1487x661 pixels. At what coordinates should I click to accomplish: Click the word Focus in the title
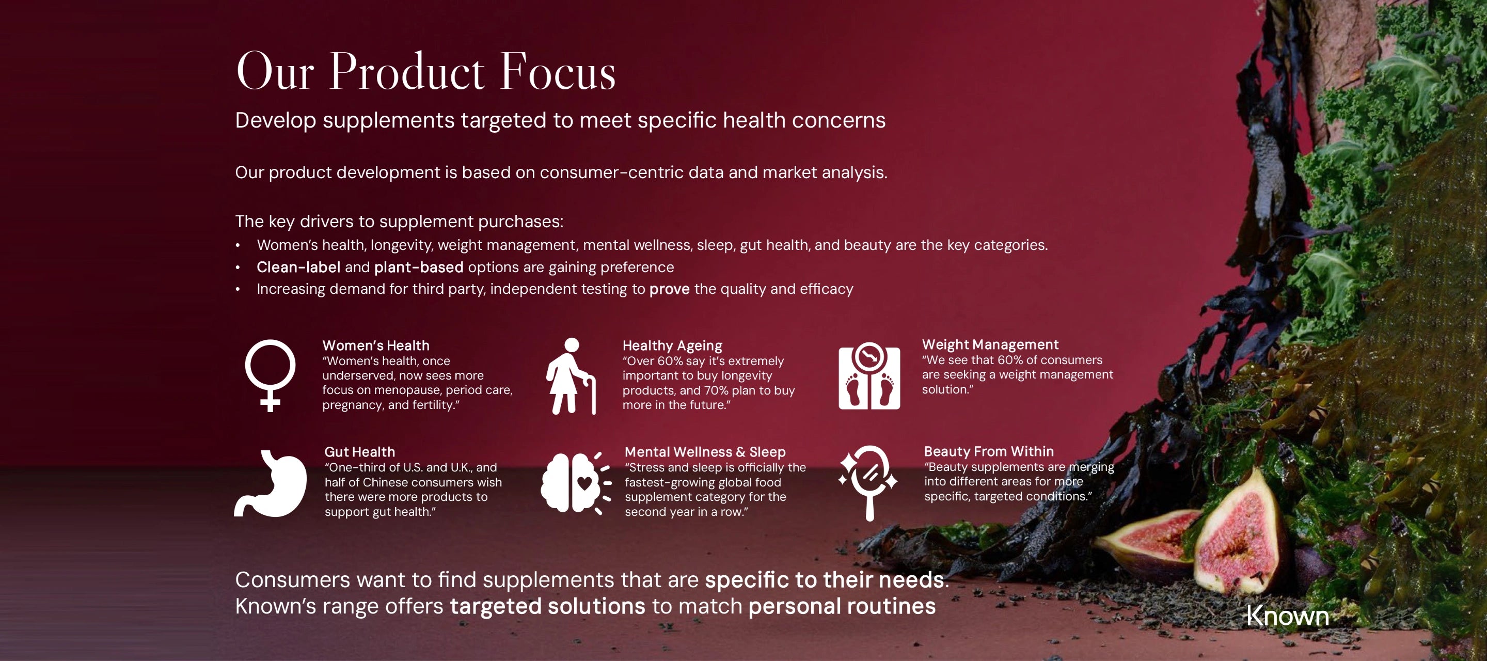tap(558, 72)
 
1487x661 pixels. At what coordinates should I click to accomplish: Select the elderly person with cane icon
tap(571, 376)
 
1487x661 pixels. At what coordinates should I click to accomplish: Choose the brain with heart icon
tap(576, 483)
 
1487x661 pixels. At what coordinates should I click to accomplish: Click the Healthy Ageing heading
tap(672, 345)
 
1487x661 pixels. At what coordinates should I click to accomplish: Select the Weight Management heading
tap(990, 344)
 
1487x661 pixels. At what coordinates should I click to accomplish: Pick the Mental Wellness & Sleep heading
tap(705, 451)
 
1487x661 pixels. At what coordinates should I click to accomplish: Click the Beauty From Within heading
tap(989, 451)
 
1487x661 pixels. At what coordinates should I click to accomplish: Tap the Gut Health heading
tap(360, 451)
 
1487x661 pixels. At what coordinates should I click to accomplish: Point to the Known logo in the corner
tap(1288, 616)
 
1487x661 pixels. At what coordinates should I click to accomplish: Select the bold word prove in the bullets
tap(670, 289)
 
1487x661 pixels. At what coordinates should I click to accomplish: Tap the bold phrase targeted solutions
tap(547, 606)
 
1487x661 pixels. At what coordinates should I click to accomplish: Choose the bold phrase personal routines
tap(842, 606)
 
